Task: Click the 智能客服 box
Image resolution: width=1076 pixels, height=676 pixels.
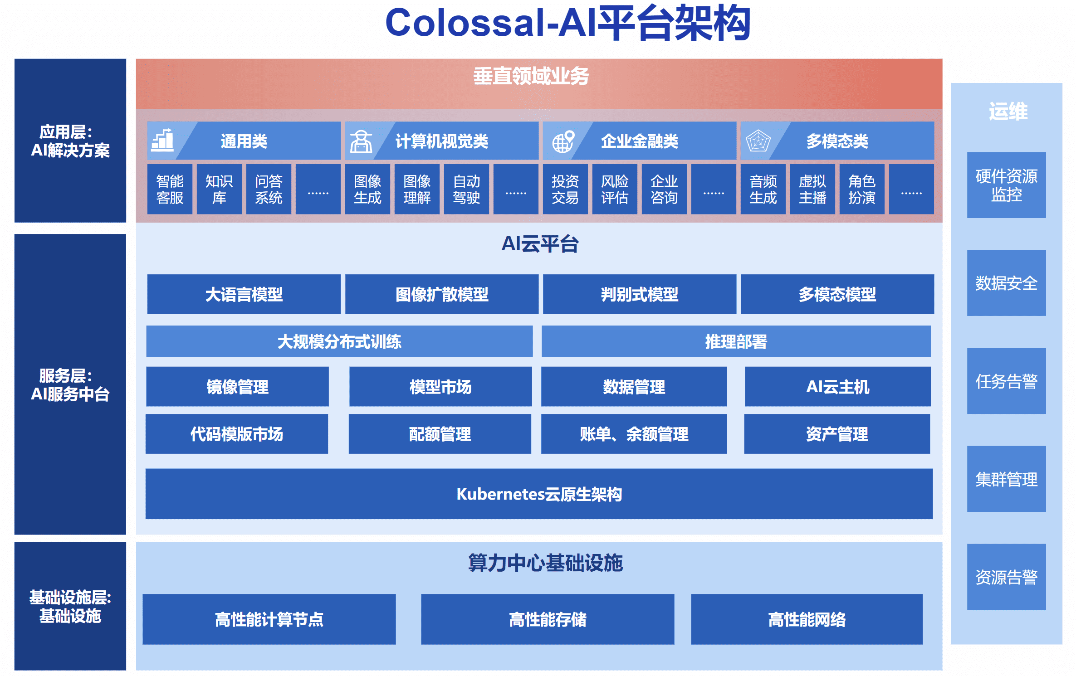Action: [170, 189]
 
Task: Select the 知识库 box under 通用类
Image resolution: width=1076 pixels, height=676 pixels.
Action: [219, 189]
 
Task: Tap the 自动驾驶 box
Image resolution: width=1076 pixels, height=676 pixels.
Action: [466, 189]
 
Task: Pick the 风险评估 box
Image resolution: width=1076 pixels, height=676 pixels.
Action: [615, 189]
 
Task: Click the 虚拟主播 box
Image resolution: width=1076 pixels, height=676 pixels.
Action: [812, 189]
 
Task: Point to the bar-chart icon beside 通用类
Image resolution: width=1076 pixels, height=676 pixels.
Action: [162, 141]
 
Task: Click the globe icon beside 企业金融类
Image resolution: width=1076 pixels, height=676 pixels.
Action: [563, 141]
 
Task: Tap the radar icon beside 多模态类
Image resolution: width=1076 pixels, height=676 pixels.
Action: [758, 141]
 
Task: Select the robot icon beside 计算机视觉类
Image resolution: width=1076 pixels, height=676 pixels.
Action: [361, 141]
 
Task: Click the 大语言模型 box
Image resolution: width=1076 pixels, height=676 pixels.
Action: [244, 294]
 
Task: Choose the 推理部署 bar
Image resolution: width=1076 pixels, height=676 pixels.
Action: [736, 341]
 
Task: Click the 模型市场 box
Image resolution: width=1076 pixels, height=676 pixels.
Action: [440, 387]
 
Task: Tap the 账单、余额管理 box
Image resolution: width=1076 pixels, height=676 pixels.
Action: [634, 434]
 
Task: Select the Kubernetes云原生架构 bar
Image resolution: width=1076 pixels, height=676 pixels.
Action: [539, 494]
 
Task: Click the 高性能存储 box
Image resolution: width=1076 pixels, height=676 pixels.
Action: [548, 619]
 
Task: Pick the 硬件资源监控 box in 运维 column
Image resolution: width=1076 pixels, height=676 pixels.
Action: [1006, 185]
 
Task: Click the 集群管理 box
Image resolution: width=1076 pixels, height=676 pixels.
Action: [1006, 479]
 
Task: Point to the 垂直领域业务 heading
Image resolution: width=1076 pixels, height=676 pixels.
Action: [531, 76]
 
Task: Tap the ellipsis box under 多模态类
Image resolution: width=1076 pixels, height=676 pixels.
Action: [911, 189]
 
